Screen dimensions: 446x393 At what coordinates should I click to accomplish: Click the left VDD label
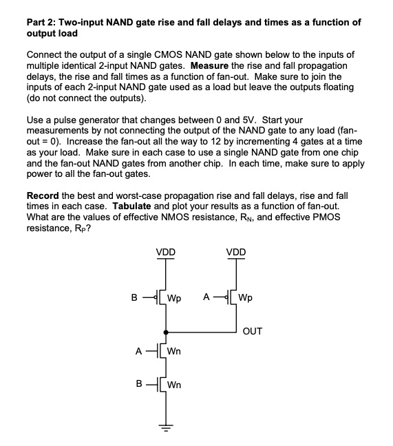point(165,253)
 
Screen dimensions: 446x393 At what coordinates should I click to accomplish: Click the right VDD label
point(236,253)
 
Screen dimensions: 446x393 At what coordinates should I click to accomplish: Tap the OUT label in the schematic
point(252,331)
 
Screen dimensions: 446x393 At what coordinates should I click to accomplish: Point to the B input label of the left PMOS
point(134,298)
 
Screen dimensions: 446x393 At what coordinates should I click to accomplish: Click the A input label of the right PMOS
point(205,298)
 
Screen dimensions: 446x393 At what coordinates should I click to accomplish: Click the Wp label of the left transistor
point(174,299)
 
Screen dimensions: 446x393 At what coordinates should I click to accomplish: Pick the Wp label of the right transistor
point(245,299)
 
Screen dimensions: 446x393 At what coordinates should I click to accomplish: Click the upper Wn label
point(174,351)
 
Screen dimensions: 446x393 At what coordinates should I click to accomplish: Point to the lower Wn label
point(174,385)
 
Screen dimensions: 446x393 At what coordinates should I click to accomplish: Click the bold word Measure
point(191,66)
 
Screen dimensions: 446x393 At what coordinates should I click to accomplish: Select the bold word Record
point(44,196)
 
